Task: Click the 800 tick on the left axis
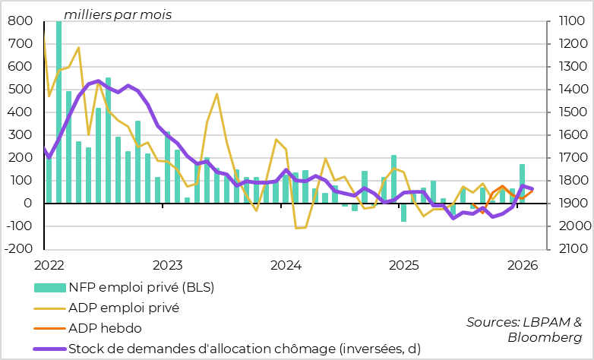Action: click(x=19, y=21)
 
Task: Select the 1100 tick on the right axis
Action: click(x=567, y=21)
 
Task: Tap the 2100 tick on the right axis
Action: click(x=567, y=249)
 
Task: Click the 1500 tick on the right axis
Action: click(x=567, y=112)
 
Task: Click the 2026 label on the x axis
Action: click(x=523, y=265)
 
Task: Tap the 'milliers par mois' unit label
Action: click(x=118, y=14)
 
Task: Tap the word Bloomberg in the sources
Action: click(x=545, y=337)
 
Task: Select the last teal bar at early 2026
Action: click(x=522, y=184)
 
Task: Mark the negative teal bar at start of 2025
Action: click(x=403, y=212)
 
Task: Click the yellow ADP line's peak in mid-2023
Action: click(x=216, y=95)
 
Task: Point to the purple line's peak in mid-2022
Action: click(x=99, y=81)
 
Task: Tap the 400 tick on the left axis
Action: click(x=19, y=112)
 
